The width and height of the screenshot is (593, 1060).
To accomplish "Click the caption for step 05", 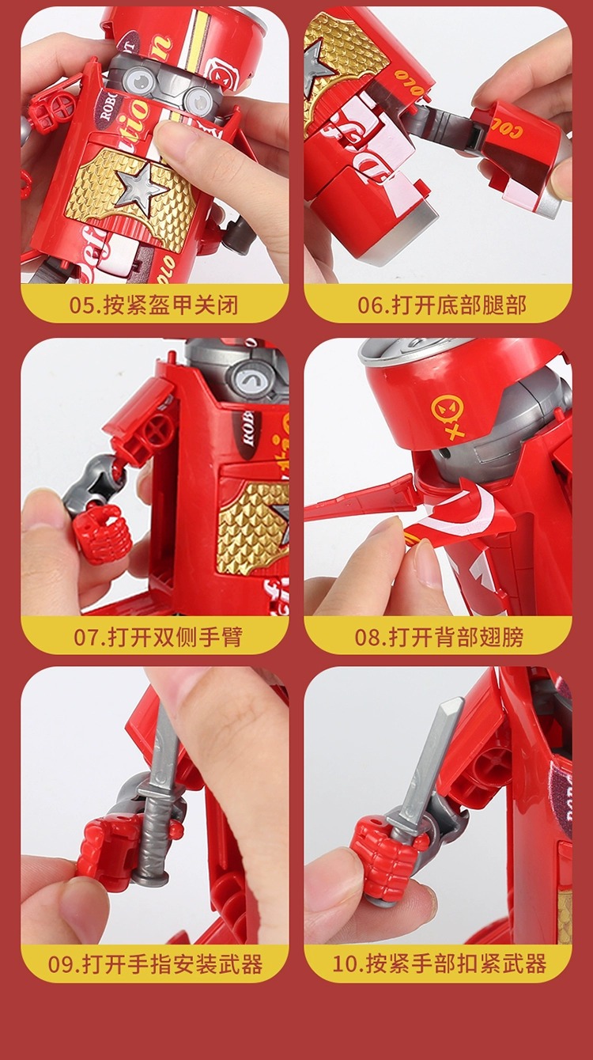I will [x=154, y=305].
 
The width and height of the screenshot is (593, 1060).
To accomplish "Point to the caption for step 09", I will [x=154, y=964].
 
